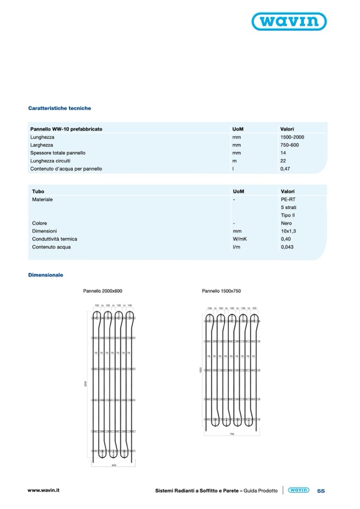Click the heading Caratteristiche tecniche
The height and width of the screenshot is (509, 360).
[x=59, y=108]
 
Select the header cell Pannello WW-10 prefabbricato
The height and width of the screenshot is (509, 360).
[x=66, y=129]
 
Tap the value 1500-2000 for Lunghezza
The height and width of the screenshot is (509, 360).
[x=292, y=137]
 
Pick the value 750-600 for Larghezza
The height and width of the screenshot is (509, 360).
[x=289, y=145]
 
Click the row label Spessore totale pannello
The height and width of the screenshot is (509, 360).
[x=58, y=153]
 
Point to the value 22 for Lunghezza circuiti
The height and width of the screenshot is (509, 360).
[x=283, y=161]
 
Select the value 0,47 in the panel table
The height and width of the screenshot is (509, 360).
[x=285, y=169]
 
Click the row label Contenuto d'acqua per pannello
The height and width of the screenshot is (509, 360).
[x=66, y=169]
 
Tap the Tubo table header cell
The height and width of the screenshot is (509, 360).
[x=38, y=191]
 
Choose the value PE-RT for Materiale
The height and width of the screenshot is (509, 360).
[x=287, y=199]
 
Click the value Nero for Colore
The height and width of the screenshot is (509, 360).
[x=286, y=223]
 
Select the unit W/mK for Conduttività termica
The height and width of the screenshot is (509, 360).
[x=240, y=239]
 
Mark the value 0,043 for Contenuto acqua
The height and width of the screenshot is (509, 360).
[x=287, y=247]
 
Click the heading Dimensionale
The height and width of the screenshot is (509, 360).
[x=46, y=275]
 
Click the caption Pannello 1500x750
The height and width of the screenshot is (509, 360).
[x=221, y=291]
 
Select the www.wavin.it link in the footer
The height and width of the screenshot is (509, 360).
[x=44, y=490]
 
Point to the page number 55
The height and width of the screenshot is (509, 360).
[x=321, y=491]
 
